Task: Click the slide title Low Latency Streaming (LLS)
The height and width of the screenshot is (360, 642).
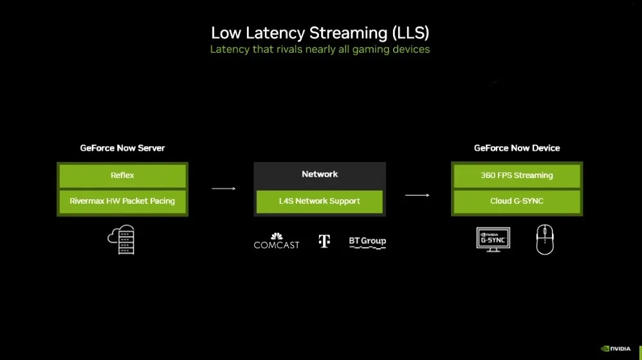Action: click(320, 33)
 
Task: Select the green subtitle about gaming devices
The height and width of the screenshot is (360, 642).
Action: click(320, 50)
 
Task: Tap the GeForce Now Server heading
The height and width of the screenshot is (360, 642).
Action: click(122, 148)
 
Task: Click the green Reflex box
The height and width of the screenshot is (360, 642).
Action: click(122, 175)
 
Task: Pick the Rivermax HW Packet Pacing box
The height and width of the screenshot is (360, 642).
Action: click(122, 201)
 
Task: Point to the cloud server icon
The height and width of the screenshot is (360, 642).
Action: click(122, 239)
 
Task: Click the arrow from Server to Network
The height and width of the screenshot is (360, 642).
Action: click(223, 188)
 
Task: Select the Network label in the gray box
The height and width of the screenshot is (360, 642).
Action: click(320, 174)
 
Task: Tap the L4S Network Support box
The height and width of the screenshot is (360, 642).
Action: click(320, 201)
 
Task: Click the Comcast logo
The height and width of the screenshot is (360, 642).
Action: click(277, 244)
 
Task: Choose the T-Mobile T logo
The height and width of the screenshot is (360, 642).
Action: click(324, 241)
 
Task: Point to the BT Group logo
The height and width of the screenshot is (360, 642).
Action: click(367, 242)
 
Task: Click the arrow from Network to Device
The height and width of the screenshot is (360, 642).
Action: click(417, 195)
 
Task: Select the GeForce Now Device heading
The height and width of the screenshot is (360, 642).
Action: click(517, 148)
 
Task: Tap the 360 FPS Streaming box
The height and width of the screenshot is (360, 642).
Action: click(517, 175)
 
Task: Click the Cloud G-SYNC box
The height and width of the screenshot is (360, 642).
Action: click(517, 201)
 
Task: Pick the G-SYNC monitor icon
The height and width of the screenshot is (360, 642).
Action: click(493, 239)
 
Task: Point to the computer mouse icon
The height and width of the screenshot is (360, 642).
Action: click(545, 240)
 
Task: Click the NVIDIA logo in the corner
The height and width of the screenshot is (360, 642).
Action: click(616, 348)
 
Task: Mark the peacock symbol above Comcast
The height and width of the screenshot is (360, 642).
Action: click(277, 236)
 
